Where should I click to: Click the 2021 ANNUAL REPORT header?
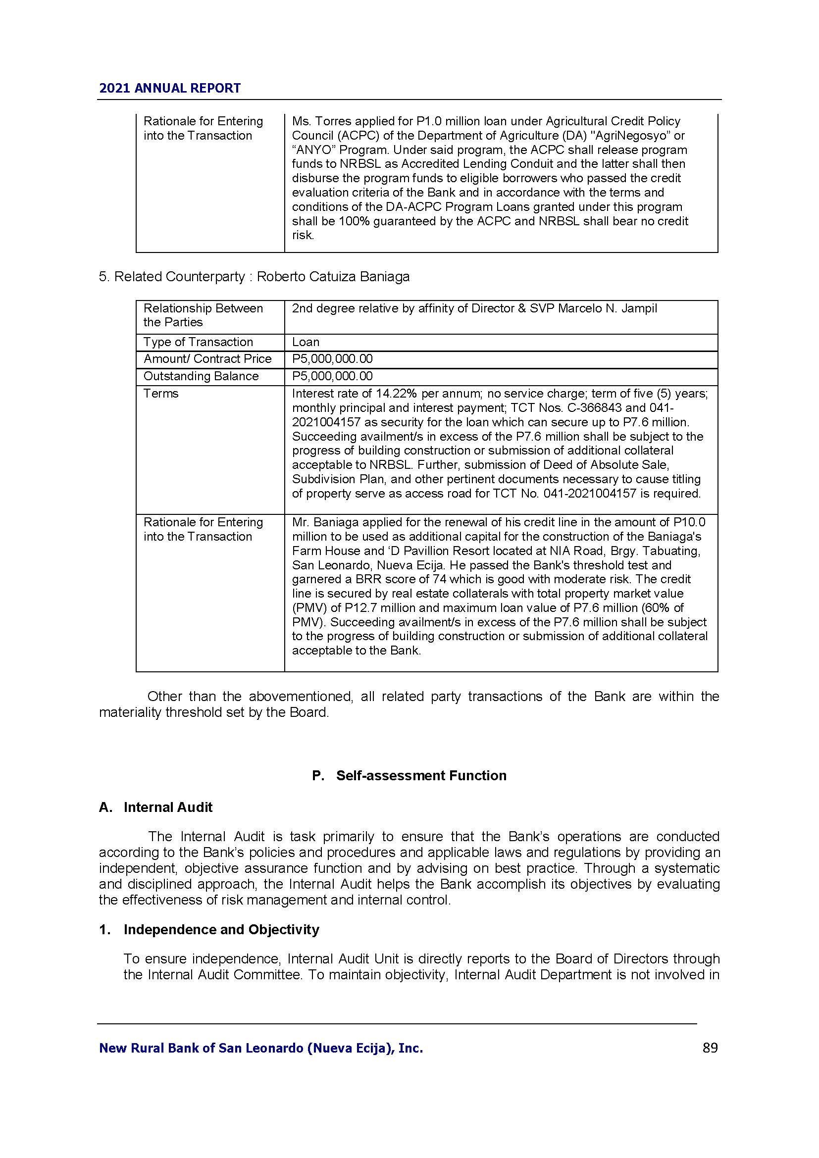click(170, 88)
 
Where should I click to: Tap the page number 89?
click(710, 1048)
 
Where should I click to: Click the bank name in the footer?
click(261, 1049)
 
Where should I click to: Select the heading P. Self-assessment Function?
click(409, 775)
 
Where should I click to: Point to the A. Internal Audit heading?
click(155, 807)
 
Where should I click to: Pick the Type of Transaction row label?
click(198, 342)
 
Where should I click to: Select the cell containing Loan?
click(306, 342)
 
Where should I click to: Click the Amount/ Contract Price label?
click(207, 358)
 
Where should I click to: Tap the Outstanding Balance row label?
click(201, 376)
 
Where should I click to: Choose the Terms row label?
click(161, 394)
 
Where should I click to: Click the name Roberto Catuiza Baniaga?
click(333, 277)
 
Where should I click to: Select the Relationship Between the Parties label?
click(203, 315)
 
